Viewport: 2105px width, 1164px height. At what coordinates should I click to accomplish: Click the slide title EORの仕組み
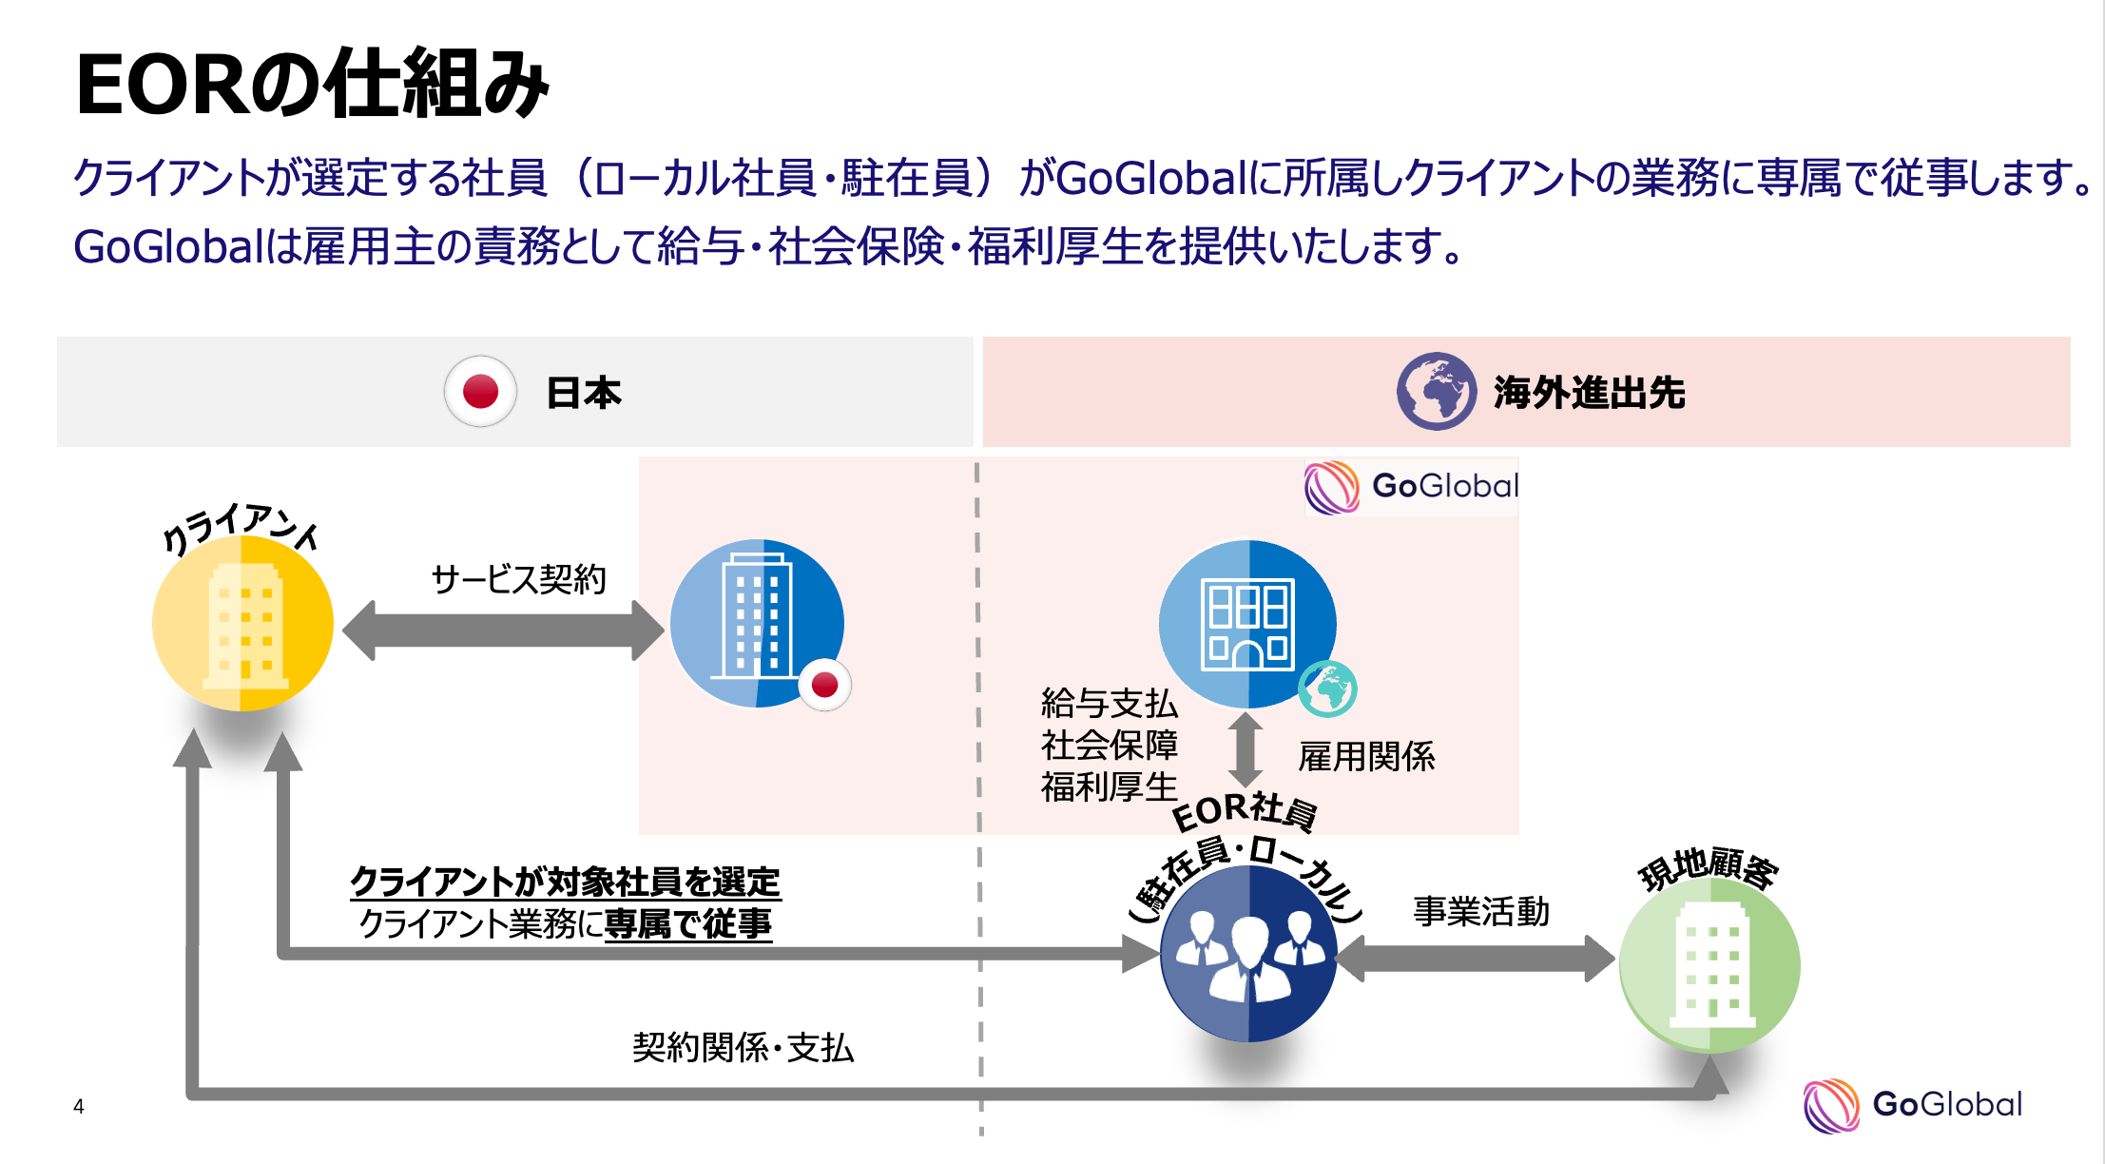coord(312,85)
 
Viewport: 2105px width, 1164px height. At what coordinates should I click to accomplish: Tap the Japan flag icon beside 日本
coord(480,391)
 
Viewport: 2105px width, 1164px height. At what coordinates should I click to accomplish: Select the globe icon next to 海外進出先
coord(1436,391)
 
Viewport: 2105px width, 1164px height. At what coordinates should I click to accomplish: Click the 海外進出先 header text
coord(1589,393)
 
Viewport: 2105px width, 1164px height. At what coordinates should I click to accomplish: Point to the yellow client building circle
coord(242,623)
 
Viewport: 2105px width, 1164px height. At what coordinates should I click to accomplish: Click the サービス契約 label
coord(518,578)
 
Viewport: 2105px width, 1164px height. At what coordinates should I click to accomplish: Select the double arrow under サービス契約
coord(503,630)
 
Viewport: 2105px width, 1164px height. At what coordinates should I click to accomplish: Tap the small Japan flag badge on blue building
coord(824,684)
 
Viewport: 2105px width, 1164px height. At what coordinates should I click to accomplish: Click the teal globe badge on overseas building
coord(1327,689)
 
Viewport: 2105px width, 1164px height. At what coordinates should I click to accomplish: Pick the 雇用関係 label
coord(1366,757)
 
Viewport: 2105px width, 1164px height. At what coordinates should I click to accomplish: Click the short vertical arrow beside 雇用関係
coord(1245,749)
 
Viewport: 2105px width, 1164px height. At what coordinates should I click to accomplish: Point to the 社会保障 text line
coord(1109,745)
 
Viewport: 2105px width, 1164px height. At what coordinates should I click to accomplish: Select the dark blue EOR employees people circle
coord(1247,954)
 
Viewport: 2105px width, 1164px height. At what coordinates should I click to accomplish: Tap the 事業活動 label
coord(1480,911)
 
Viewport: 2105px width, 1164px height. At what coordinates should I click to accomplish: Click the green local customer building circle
coord(1709,964)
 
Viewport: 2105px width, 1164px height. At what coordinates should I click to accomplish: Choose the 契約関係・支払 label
coord(743,1047)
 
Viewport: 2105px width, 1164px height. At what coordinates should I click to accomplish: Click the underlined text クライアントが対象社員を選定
coord(565,882)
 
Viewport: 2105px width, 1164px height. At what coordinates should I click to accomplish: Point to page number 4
coord(79,1106)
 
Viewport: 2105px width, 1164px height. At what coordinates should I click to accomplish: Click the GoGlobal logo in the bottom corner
coord(1912,1104)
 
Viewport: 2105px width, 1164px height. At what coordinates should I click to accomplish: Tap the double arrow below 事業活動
coord(1477,959)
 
